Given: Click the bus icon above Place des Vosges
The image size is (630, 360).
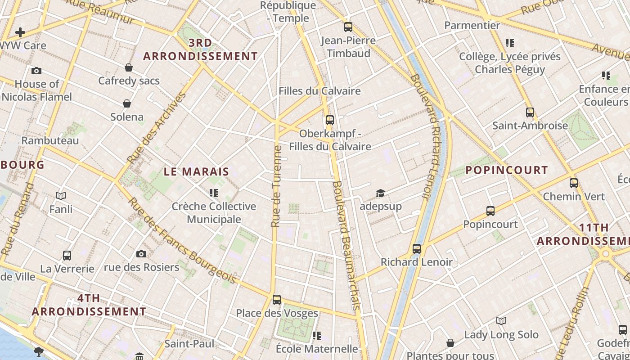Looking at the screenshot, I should (x=277, y=299).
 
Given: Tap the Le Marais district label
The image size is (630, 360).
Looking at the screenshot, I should (x=196, y=171).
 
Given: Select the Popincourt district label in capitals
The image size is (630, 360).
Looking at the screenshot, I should (x=506, y=170).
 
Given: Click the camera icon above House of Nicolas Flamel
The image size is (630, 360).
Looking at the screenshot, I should (x=36, y=71).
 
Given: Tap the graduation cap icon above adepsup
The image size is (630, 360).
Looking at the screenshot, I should (x=380, y=193).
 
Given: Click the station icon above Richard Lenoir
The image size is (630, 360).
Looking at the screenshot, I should (x=417, y=248).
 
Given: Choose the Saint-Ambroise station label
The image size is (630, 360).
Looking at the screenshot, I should (x=530, y=126).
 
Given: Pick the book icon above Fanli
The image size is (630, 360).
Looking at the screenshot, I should (x=61, y=196).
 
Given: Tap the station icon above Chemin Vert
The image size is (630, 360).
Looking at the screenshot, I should (x=574, y=183).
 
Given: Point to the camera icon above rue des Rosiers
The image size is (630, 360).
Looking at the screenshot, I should (x=141, y=254).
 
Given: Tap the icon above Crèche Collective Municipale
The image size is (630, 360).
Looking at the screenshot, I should (x=214, y=193).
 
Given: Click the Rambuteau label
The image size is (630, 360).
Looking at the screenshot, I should (x=50, y=140).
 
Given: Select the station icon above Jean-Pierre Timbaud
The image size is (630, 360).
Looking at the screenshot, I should (x=348, y=27).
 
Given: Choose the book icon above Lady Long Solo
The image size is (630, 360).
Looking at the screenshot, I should (x=501, y=321).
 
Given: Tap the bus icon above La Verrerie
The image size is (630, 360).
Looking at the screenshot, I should (x=67, y=256).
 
